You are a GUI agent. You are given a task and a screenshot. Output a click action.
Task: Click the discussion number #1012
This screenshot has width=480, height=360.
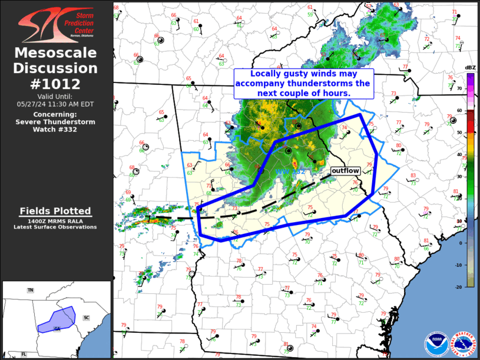click(56, 84)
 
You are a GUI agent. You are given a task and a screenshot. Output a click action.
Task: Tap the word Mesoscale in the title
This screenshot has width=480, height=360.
click(56, 54)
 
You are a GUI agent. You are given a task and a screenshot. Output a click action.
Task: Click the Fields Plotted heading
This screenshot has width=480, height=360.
click(56, 211)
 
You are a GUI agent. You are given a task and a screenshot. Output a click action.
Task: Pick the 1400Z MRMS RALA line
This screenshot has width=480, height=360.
click(56, 220)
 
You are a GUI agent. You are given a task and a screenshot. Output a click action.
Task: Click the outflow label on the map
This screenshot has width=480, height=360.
click(345, 170)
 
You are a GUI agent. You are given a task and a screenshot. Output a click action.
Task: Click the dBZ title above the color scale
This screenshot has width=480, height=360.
click(470, 68)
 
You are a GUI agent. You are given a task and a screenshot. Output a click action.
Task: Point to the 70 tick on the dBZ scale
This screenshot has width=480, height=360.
click(459, 88)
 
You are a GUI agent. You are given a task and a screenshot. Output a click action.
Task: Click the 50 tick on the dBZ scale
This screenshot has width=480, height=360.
click(459, 133)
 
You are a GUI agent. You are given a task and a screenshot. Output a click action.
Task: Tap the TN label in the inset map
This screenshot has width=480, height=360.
click(30, 290)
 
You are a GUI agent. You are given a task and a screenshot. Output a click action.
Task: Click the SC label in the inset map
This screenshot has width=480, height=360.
click(86, 318)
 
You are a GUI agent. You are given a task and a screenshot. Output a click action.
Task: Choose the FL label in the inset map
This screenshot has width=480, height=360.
click(24, 354)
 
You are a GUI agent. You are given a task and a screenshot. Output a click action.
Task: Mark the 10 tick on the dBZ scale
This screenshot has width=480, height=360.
click(459, 220)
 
